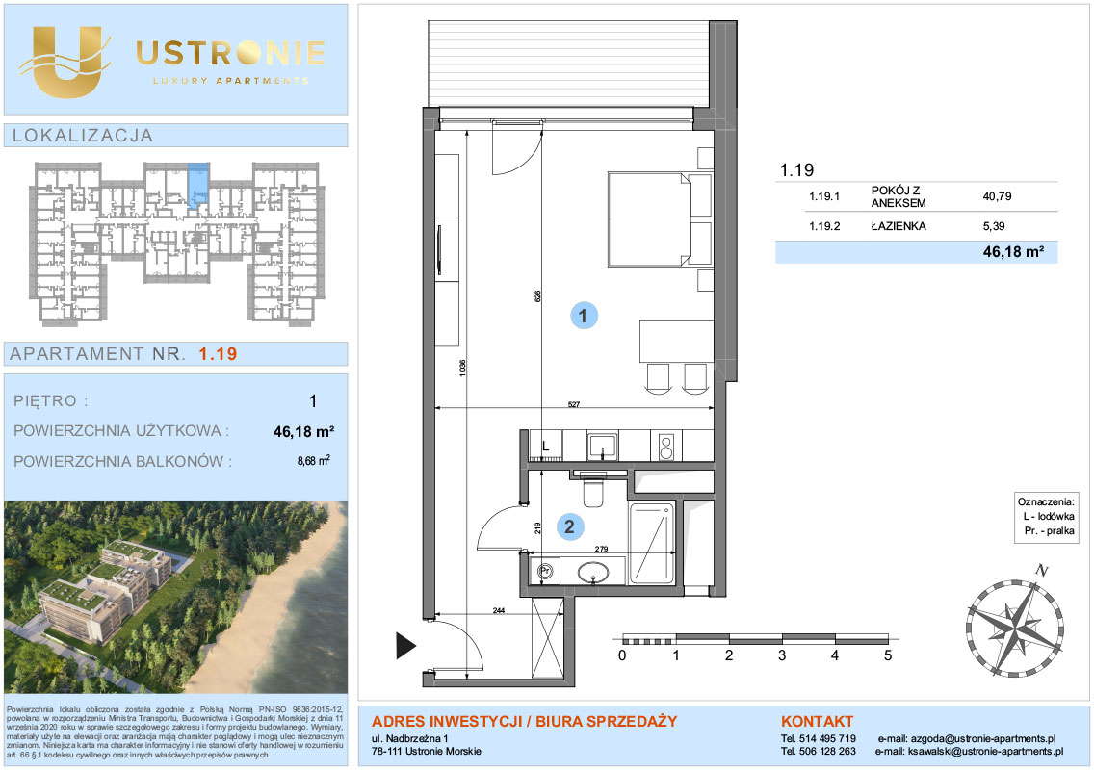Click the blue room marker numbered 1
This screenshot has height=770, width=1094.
584,316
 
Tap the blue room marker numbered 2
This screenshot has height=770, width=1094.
569,526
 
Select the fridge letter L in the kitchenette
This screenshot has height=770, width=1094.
546,447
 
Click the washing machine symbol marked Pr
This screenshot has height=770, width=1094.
545,571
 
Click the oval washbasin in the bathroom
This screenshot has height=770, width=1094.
593,574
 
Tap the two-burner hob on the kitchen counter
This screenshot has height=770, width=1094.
665,447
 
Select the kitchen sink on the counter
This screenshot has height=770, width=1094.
602,446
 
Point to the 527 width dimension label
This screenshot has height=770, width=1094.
574,404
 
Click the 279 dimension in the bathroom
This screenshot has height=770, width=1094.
602,549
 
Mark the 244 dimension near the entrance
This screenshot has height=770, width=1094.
498,610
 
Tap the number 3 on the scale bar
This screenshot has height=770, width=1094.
781,655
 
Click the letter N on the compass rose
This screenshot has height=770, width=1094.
1042,570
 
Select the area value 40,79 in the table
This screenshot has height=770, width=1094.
997,196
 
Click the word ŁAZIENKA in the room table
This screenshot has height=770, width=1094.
899,226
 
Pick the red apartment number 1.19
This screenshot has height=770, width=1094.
218,353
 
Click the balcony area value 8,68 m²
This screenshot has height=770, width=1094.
313,460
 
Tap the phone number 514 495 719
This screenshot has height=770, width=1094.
827,738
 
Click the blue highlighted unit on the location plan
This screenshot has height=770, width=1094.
198,185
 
